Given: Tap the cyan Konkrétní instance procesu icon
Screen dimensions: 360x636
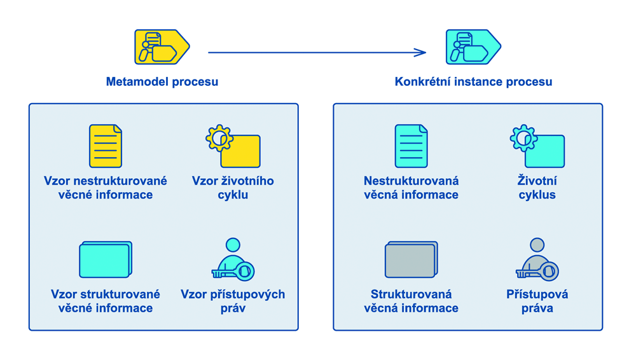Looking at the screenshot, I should [473, 47].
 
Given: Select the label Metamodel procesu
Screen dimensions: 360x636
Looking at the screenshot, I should [162, 82].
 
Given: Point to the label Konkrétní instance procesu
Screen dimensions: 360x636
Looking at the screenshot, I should [473, 82].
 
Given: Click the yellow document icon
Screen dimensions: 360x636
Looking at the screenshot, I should [106, 146].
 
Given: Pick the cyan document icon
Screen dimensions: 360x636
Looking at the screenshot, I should [411, 146].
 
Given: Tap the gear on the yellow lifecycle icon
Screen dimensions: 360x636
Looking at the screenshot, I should [219, 137].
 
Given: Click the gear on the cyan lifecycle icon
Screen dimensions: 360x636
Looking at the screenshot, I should [523, 137].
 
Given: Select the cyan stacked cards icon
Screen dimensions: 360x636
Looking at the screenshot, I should [106, 260].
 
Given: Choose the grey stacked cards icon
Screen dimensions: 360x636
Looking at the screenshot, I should [411, 260].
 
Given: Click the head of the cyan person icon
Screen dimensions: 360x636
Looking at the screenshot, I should [233, 245].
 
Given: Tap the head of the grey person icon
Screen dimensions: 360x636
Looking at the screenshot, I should [537, 245].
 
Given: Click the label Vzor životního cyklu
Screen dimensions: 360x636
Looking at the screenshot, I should [233, 188].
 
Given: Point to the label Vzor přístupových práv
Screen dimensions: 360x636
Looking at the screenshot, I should [233, 301].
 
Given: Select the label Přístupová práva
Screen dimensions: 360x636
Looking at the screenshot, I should [537, 301].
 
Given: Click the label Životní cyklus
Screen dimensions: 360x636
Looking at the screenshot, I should [537, 188].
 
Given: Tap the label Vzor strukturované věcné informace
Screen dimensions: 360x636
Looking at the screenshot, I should [106, 301].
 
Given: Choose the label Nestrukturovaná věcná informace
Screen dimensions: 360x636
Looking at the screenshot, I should [411, 188].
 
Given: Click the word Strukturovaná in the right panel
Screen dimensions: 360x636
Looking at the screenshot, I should [411, 294].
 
